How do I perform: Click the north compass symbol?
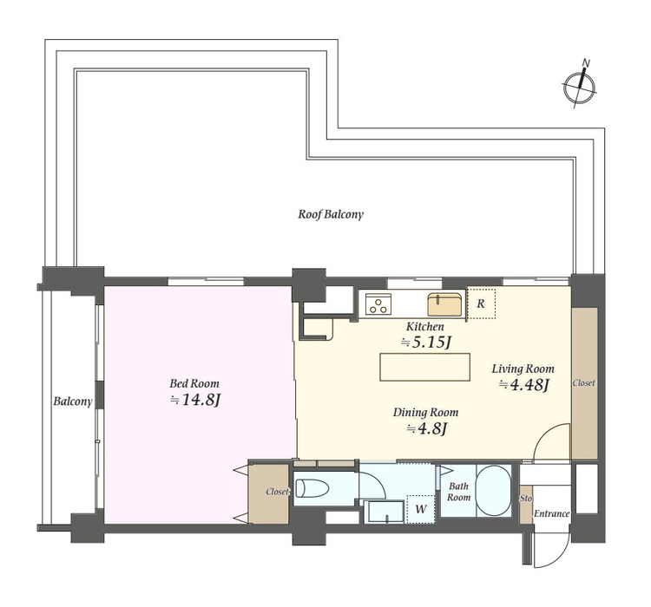pyautogui.click(x=580, y=86)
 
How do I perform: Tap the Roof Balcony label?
pyautogui.click(x=331, y=214)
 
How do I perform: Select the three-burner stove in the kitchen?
pyautogui.click(x=378, y=303)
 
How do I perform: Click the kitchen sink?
pyautogui.click(x=445, y=304)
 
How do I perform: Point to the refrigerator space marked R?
pyautogui.click(x=481, y=303)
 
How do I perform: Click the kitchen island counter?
pyautogui.click(x=424, y=367)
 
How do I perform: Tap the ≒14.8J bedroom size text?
pyautogui.click(x=194, y=400)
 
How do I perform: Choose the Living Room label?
pyautogui.click(x=523, y=369)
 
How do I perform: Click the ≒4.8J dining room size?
pyautogui.click(x=426, y=428)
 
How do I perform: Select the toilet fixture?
pyautogui.click(x=312, y=488)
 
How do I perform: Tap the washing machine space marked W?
pyautogui.click(x=421, y=509)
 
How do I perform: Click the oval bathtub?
pyautogui.click(x=493, y=490)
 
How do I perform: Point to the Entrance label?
pyautogui.click(x=551, y=513)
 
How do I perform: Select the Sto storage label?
pyautogui.click(x=526, y=499)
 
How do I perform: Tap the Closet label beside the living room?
pyautogui.click(x=584, y=383)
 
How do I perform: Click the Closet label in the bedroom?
pyautogui.click(x=277, y=492)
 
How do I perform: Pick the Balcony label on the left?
pyautogui.click(x=73, y=401)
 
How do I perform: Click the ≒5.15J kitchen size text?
pyautogui.click(x=425, y=343)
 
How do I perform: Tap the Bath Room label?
pyautogui.click(x=459, y=492)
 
